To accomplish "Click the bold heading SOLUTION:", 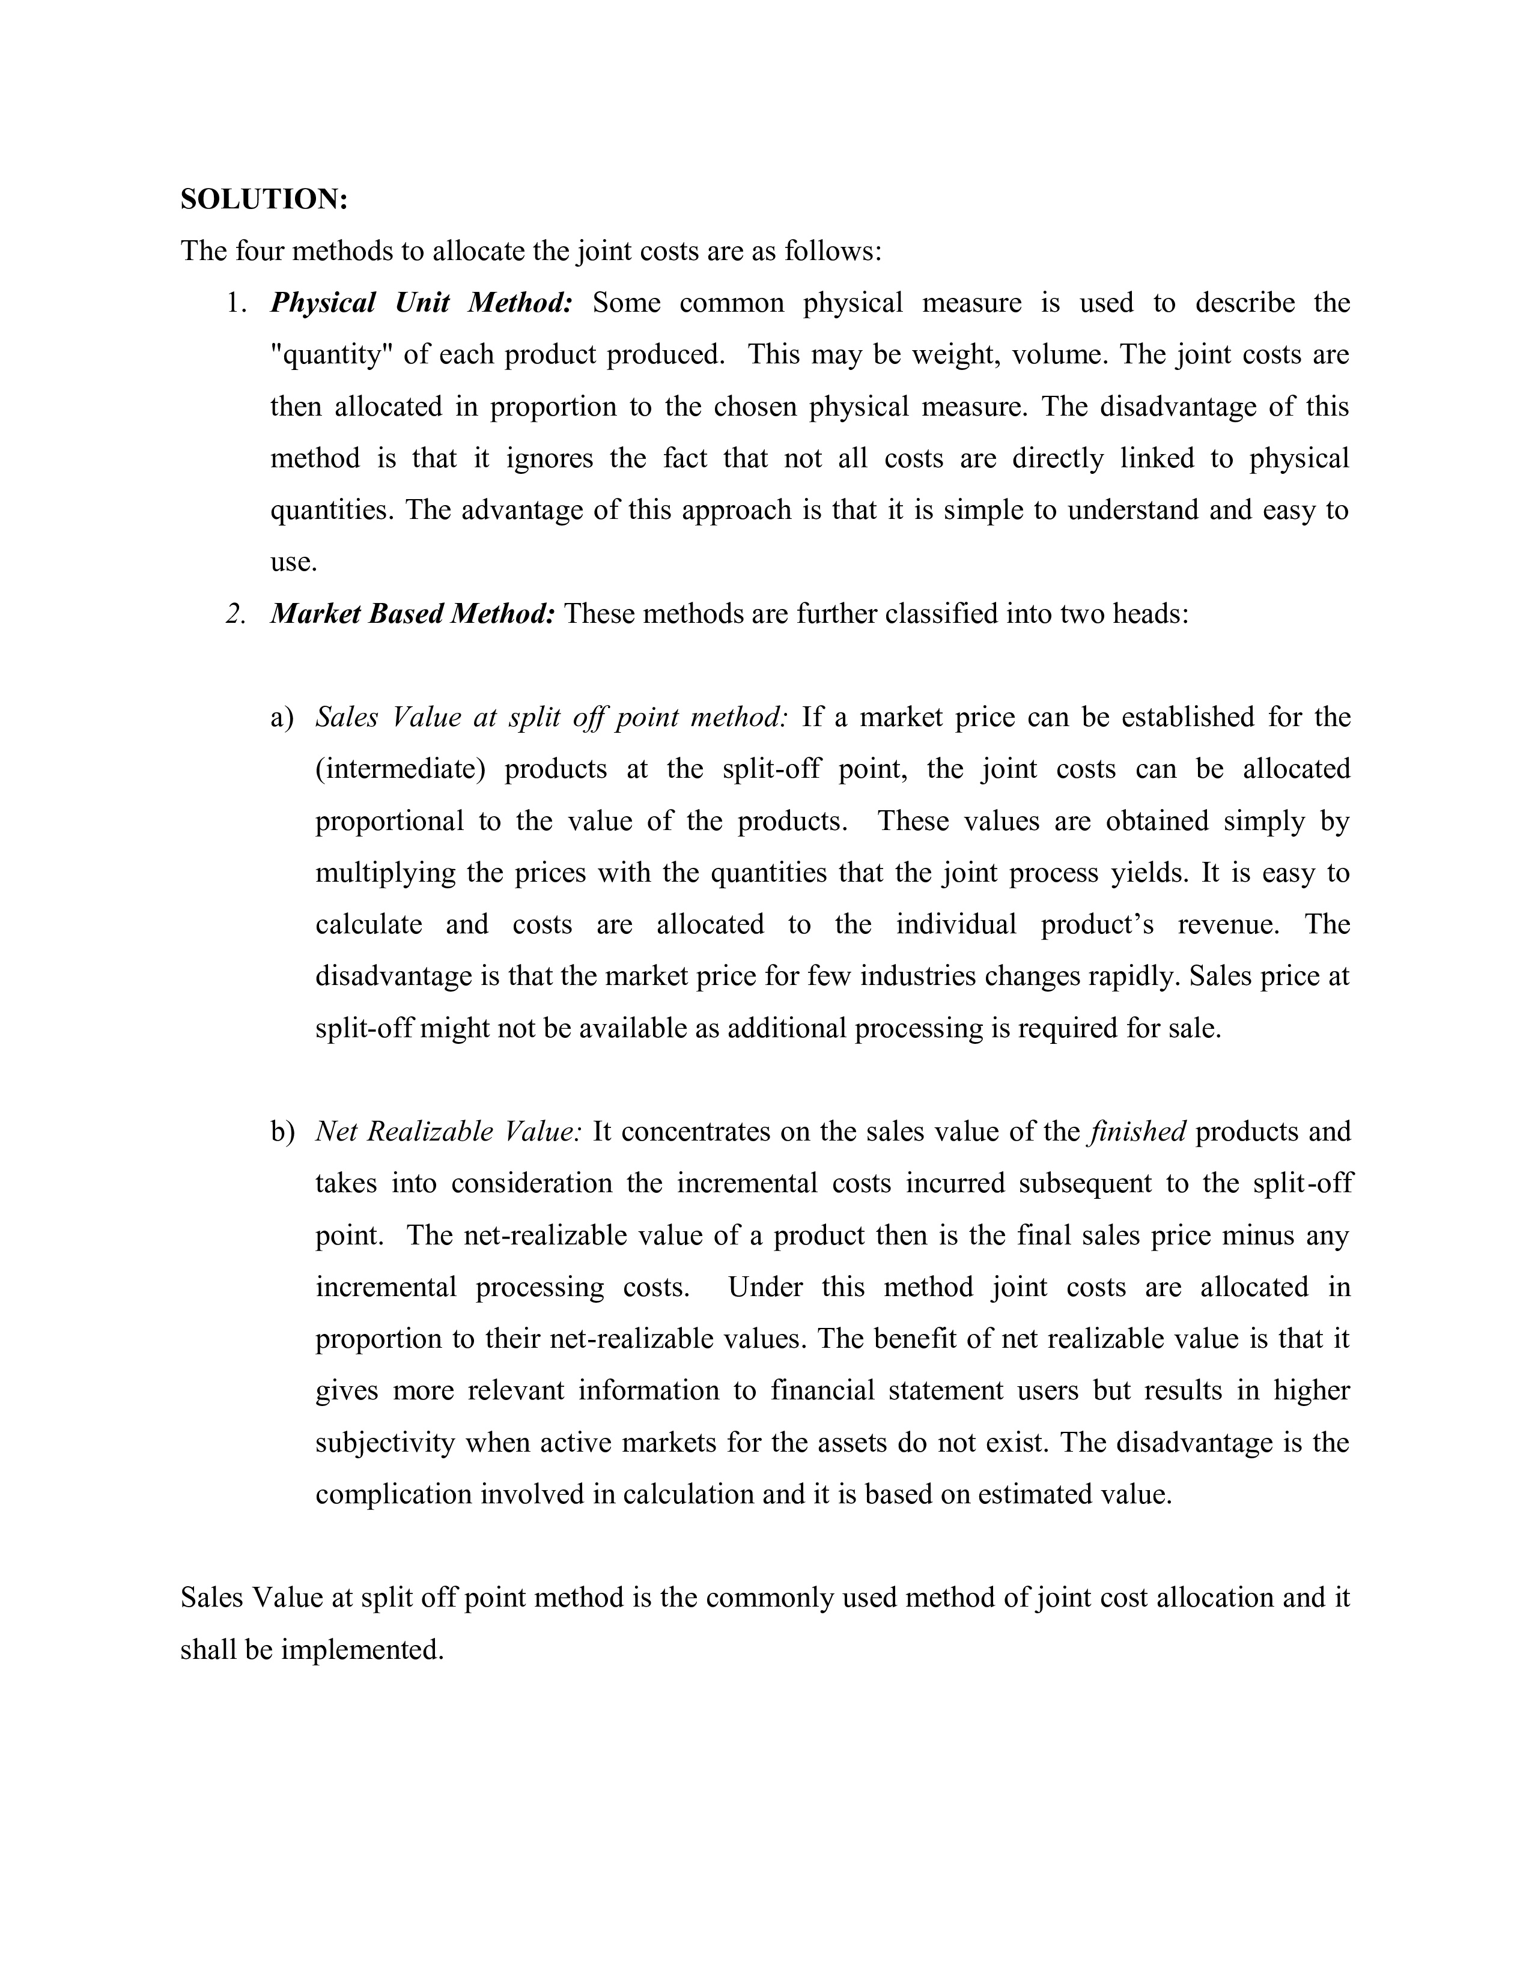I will (x=264, y=199).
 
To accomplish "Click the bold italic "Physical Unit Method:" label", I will (x=421, y=302).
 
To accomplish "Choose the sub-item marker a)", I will (x=282, y=718).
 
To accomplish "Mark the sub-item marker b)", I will (x=282, y=1132).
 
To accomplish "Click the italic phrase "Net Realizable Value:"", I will (x=448, y=1132).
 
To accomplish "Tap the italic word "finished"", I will (x=1137, y=1132).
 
